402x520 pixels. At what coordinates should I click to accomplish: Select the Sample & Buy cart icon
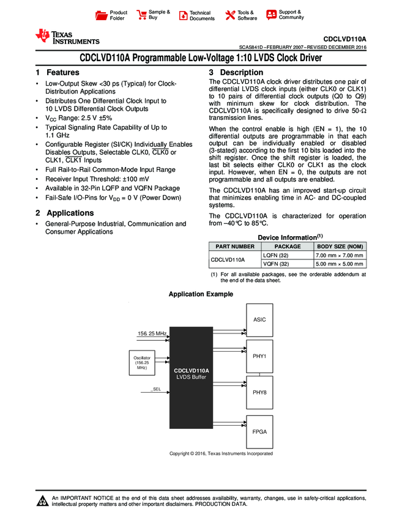coord(142,15)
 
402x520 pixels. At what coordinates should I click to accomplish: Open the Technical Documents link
coord(201,15)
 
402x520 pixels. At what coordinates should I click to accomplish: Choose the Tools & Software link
coord(247,15)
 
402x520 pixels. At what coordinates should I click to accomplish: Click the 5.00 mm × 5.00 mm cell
coord(339,264)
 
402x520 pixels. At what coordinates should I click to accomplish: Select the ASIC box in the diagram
coord(259,319)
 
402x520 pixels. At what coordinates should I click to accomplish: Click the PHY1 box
coord(259,355)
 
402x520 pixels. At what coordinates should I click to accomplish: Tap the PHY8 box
coord(259,392)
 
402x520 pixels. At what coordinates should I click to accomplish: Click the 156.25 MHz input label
coord(151,333)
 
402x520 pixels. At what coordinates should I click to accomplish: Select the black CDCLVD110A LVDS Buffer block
coord(191,373)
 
